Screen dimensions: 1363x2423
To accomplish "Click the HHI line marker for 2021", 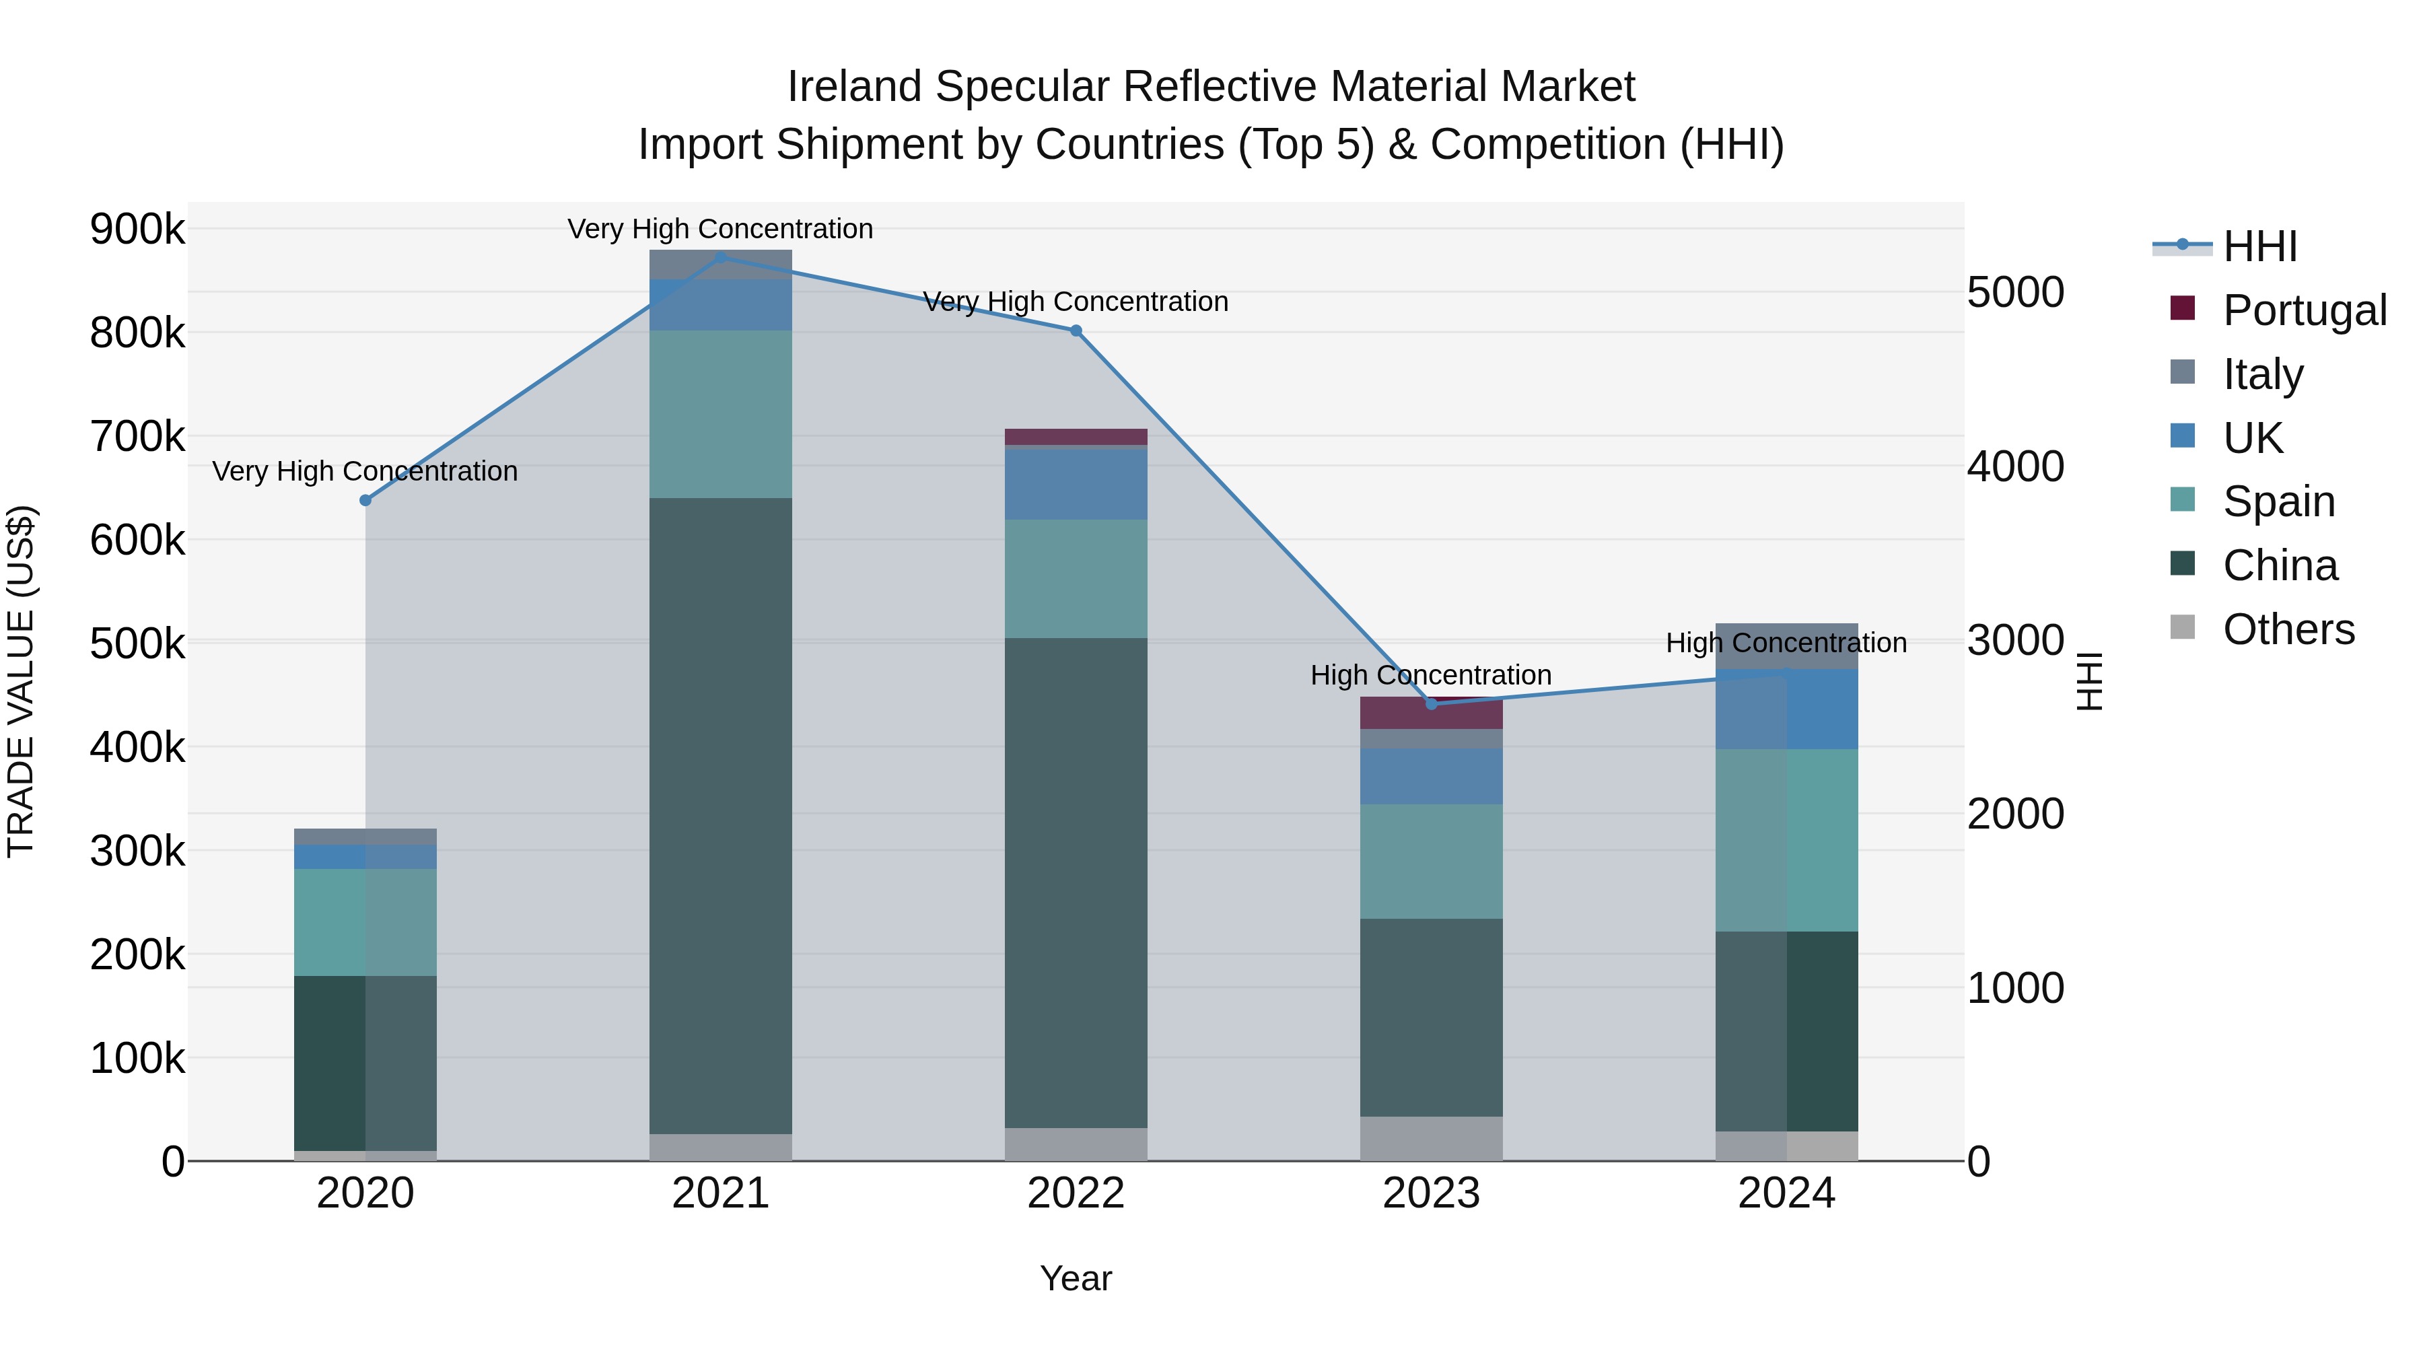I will [720, 257].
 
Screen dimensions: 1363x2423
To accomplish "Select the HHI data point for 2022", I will [1076, 330].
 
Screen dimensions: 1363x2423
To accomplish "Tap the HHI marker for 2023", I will [1432, 703].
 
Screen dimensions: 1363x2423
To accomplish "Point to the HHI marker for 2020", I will [366, 500].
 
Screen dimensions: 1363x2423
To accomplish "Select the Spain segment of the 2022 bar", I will [1076, 578].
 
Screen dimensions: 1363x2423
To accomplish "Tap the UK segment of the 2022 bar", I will [1076, 485].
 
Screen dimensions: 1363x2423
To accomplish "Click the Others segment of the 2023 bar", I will [1432, 1138].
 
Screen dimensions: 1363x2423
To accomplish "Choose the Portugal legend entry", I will [2304, 310].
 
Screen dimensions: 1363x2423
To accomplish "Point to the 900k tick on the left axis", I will [137, 229].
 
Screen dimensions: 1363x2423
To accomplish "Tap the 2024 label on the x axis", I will [1786, 1193].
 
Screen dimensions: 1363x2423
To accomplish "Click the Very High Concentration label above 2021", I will [720, 229].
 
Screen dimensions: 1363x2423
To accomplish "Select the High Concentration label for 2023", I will [1431, 674].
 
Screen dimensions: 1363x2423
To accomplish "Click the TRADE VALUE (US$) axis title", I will [22, 681].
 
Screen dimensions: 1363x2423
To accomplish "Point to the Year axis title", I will [1076, 1278].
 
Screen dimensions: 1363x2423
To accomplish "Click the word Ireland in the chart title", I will [854, 87].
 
